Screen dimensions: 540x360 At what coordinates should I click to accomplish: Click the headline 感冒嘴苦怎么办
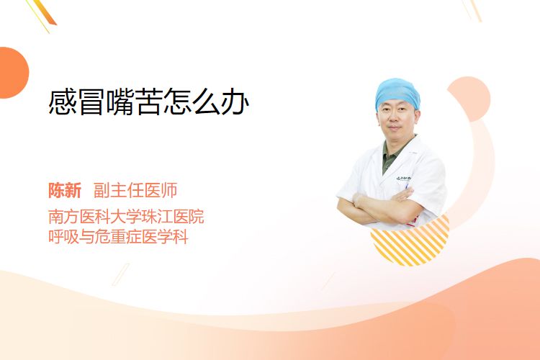(149, 102)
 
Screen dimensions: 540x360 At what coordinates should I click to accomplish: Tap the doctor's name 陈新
(65, 190)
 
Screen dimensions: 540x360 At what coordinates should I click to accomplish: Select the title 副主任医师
(135, 190)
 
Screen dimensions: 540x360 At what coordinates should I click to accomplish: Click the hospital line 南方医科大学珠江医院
(126, 217)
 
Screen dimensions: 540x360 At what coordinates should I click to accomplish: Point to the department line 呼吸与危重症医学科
(118, 237)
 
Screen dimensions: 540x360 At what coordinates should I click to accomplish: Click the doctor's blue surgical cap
(397, 92)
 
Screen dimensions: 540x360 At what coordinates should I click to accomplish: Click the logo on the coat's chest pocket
(404, 179)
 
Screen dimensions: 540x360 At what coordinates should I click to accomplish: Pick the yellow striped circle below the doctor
(410, 241)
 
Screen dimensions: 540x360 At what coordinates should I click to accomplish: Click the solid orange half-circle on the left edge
(14, 73)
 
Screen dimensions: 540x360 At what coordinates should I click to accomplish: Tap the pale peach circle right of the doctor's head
(471, 99)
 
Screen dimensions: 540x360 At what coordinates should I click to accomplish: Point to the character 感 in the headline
(63, 102)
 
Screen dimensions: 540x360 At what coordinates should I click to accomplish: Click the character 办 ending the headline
(235, 102)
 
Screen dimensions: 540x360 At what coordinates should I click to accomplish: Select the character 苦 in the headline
(149, 102)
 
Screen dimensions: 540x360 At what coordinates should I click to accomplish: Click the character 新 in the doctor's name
(73, 190)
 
